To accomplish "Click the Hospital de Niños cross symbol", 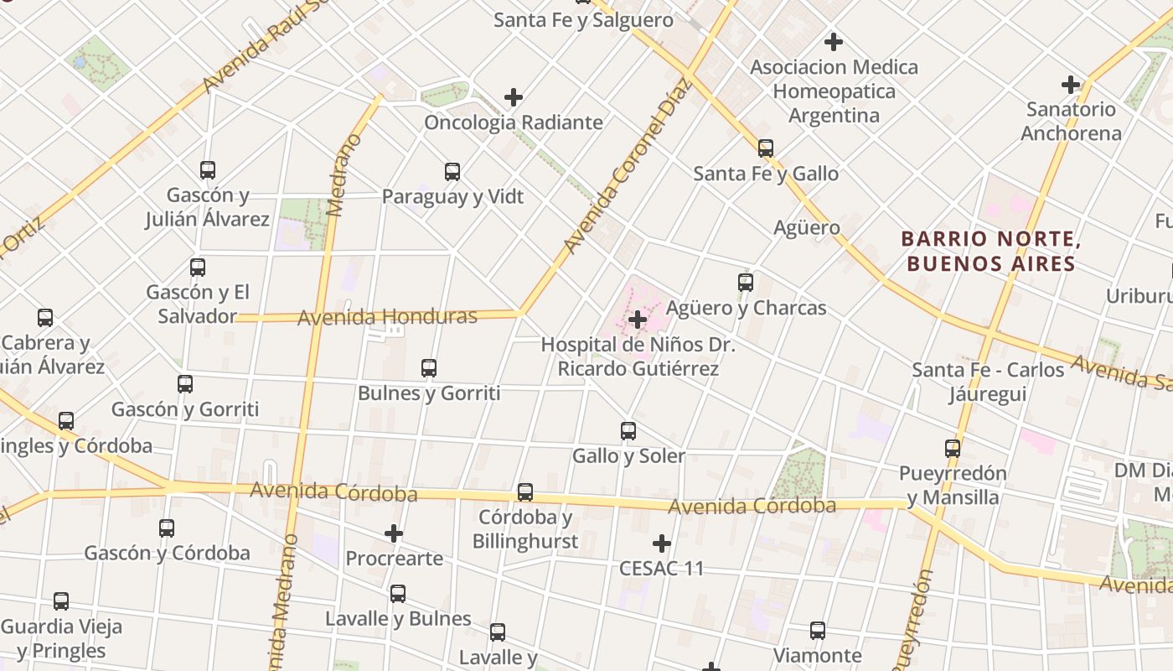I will click(x=638, y=320).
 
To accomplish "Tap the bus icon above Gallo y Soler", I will click(x=628, y=431).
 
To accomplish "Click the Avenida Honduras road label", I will click(x=387, y=317).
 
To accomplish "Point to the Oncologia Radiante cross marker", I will click(x=514, y=98).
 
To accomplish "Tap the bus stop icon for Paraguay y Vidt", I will click(x=452, y=172).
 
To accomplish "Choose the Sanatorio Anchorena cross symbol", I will click(x=1071, y=85).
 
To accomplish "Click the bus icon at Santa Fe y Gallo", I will click(x=766, y=148).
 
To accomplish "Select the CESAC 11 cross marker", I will click(x=662, y=544).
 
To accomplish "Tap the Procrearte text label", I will click(x=394, y=558).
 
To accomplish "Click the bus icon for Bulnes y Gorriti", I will click(x=429, y=368).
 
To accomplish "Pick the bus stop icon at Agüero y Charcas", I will click(x=746, y=283).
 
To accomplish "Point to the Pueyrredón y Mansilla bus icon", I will click(x=953, y=449).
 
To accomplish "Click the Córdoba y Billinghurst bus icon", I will click(x=525, y=492).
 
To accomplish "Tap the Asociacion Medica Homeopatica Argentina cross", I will click(x=834, y=42).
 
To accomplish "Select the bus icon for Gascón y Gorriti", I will click(x=185, y=384).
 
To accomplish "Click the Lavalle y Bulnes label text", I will click(x=398, y=618).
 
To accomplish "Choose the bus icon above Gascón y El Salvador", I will click(x=198, y=268).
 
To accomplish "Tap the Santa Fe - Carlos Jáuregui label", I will click(x=988, y=382).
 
